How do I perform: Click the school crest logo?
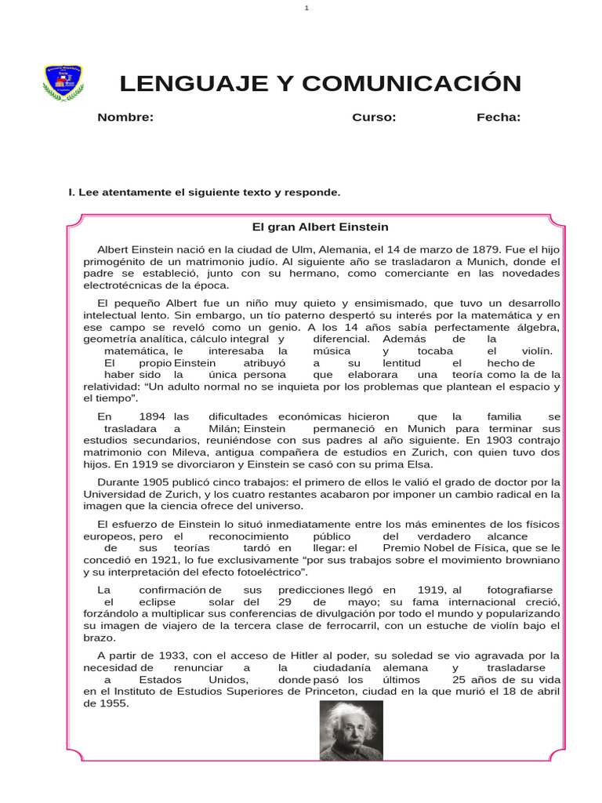(64, 83)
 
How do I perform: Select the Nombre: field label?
(125, 118)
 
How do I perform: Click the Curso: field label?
(374, 118)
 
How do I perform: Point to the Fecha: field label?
(499, 118)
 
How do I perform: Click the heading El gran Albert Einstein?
(320, 227)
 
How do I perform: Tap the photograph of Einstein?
(351, 730)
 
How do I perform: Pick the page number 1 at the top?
(306, 8)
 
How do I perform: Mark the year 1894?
(152, 417)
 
